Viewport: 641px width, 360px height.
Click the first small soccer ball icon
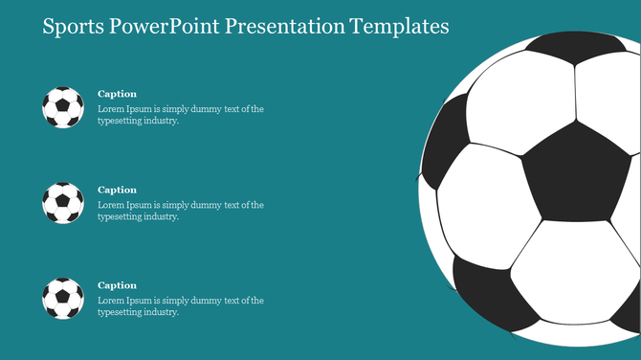pos(63,107)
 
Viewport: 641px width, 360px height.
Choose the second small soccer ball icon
pos(63,203)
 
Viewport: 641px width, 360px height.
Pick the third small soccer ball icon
pos(63,299)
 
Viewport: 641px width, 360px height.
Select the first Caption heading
pos(118,94)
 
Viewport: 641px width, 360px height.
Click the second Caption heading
pos(118,190)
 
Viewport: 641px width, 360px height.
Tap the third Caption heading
pos(118,285)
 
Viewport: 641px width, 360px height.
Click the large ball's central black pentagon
pos(571,172)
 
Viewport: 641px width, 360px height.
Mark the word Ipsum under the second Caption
pos(141,205)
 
